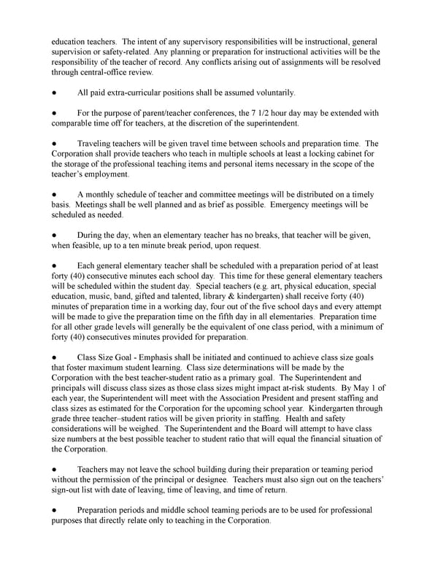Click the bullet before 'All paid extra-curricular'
click(54, 93)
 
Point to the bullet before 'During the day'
click(54, 236)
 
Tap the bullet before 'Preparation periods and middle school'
click(54, 511)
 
